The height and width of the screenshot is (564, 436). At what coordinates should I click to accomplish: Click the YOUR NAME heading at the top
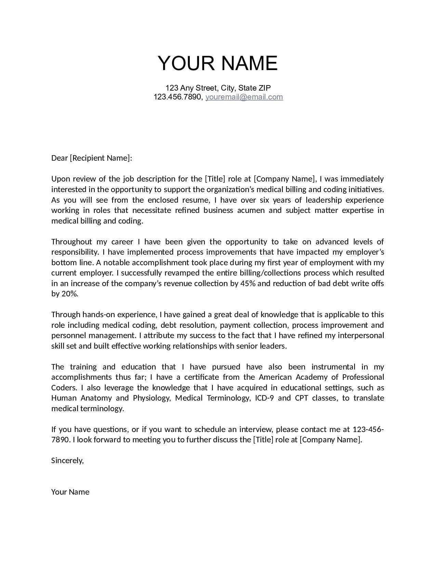pos(217,63)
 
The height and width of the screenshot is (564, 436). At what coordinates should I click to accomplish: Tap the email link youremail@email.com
pos(244,97)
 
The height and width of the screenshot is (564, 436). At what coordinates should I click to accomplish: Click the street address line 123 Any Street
pos(218,88)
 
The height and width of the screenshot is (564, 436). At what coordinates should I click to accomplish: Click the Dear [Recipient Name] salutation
pos(91,158)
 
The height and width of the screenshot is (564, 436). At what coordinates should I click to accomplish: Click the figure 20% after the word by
pos(70,294)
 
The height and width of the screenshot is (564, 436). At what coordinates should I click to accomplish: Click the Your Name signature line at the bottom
pos(70,492)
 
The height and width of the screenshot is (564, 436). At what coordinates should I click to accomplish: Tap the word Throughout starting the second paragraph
pos(71,242)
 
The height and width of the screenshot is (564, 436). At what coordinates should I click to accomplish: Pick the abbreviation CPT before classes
pos(301,398)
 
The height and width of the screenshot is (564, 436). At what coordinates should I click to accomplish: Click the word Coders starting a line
pos(64,388)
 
